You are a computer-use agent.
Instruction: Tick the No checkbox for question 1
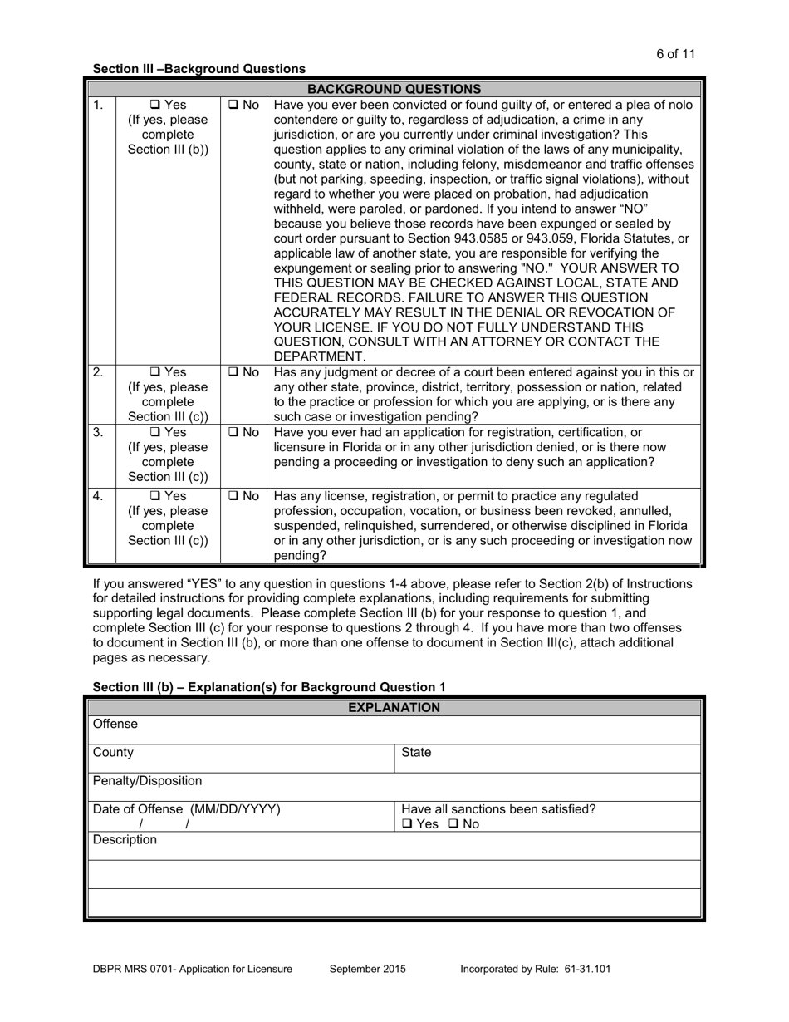(x=232, y=106)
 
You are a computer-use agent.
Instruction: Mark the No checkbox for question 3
(x=232, y=432)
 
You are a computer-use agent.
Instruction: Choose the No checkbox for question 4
(x=232, y=496)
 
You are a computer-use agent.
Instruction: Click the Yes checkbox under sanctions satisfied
(x=407, y=825)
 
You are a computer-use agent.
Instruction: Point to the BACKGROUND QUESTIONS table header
(x=394, y=89)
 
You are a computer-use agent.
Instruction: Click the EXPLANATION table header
(x=394, y=708)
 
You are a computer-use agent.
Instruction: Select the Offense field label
(x=115, y=725)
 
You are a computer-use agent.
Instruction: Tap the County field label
(x=113, y=753)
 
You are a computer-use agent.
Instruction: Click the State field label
(x=416, y=753)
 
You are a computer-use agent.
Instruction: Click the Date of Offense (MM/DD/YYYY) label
(x=186, y=809)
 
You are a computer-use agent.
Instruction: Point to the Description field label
(x=125, y=840)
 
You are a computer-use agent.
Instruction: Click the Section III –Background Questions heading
(x=198, y=69)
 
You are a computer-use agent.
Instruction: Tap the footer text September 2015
(x=368, y=969)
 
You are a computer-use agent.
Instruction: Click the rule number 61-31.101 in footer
(x=582, y=969)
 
